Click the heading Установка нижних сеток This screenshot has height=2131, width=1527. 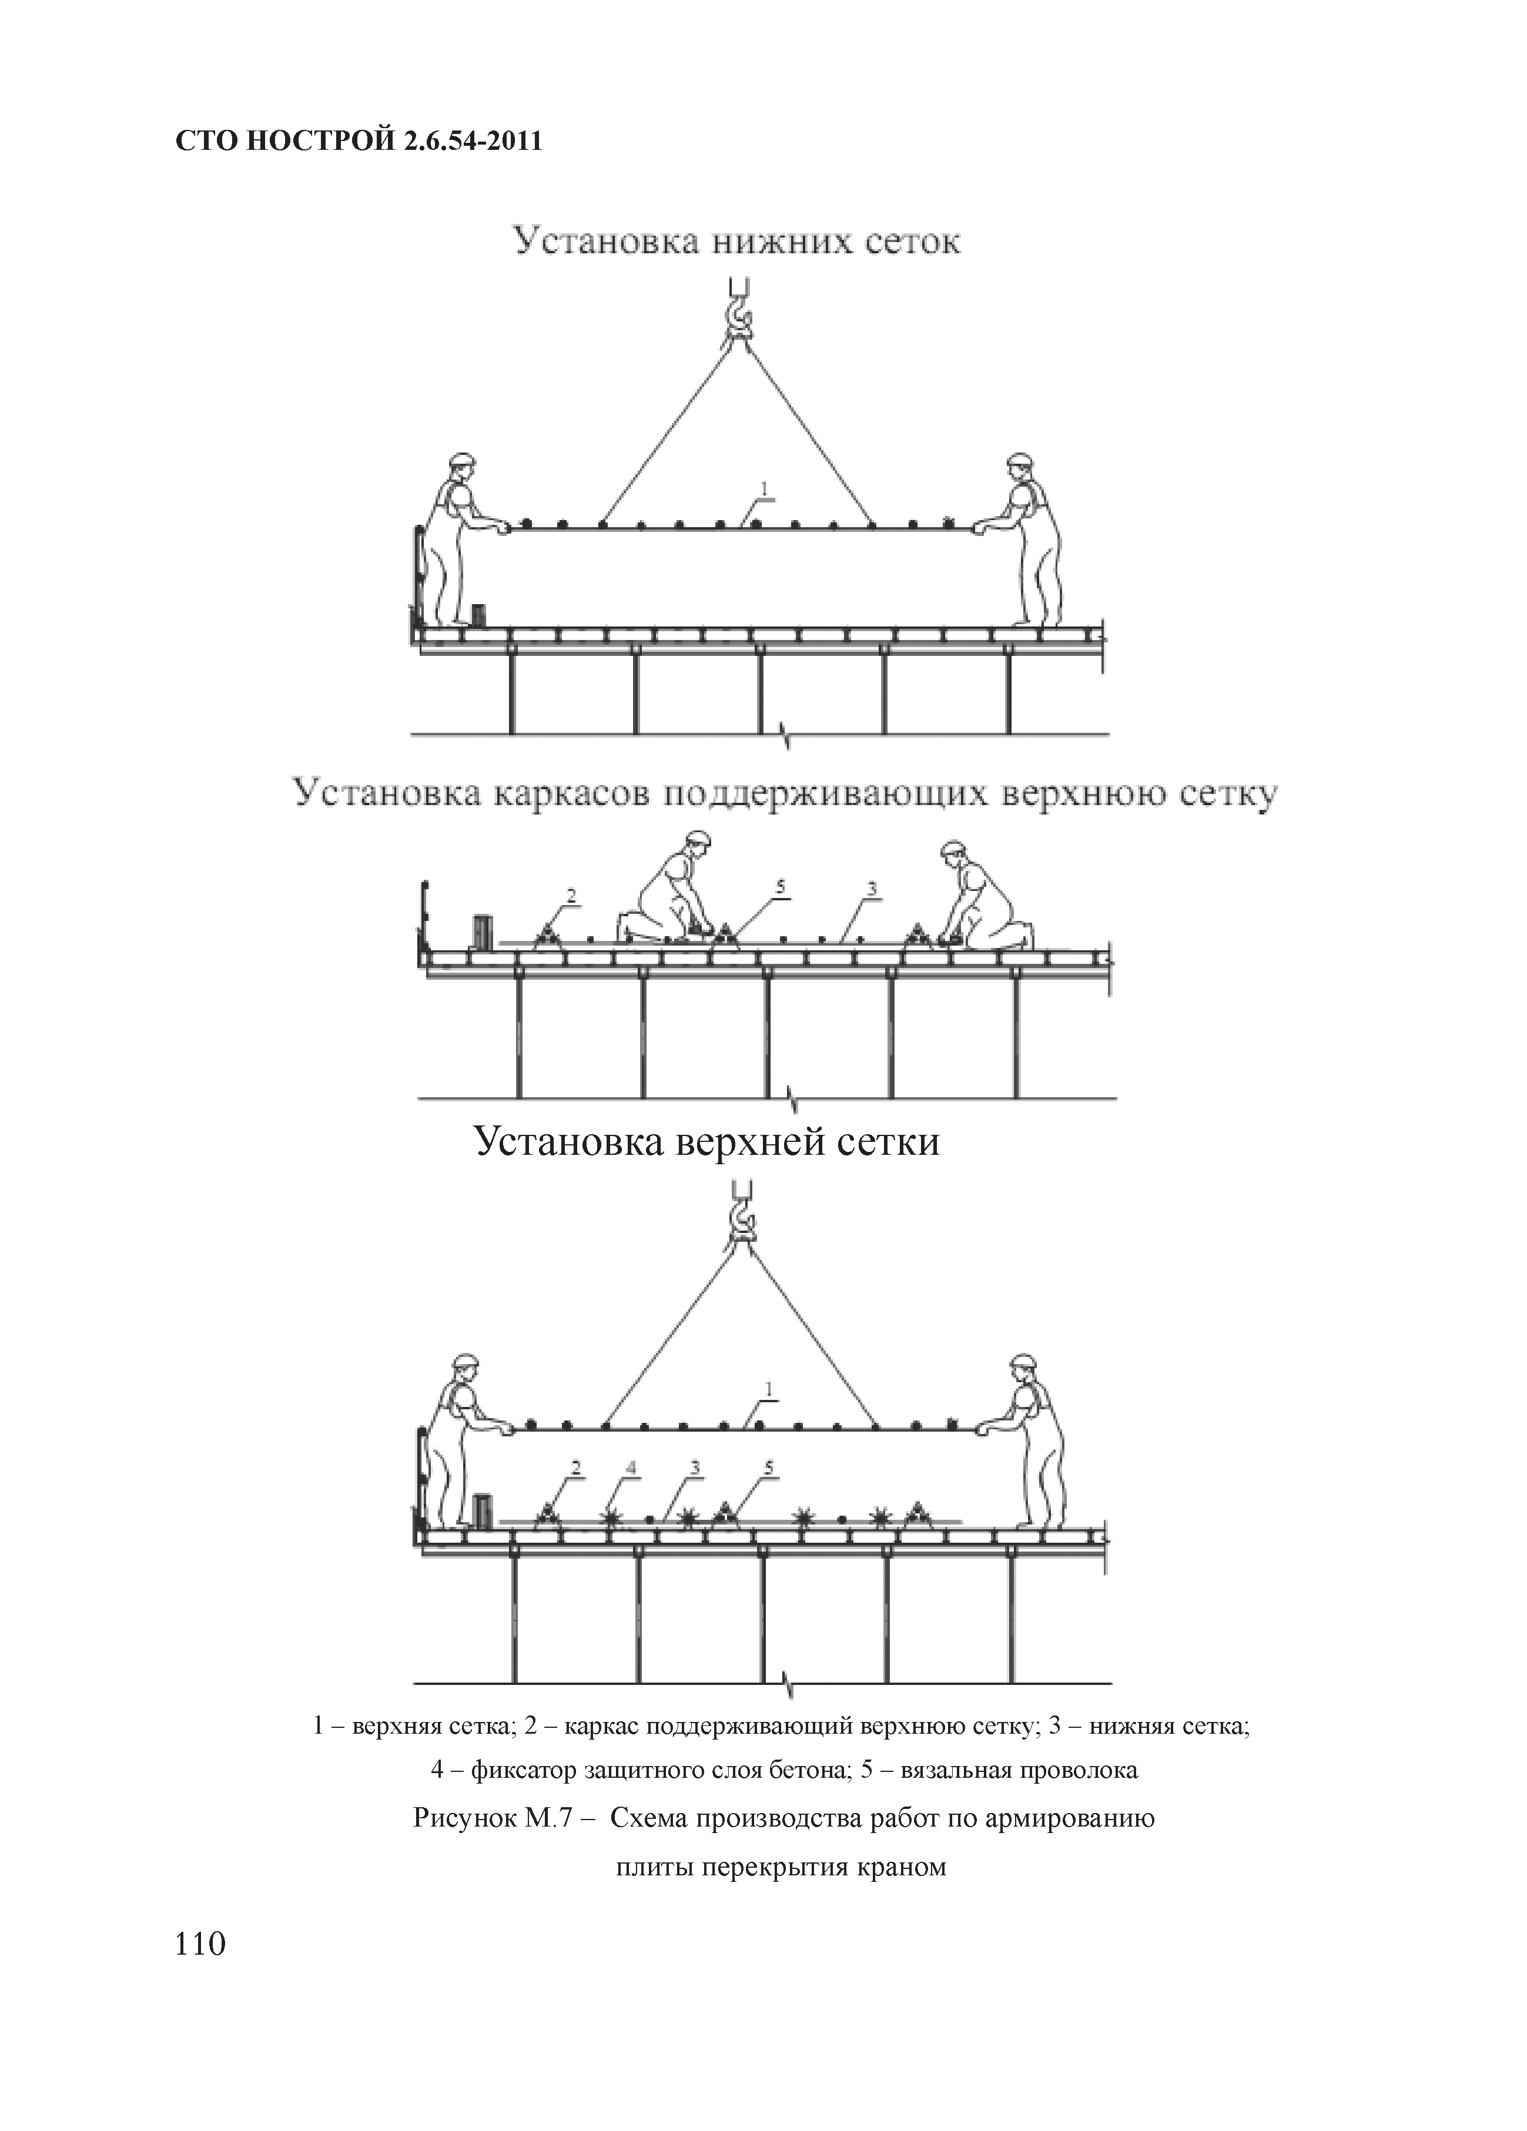pos(736,242)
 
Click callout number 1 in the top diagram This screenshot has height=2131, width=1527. pos(764,488)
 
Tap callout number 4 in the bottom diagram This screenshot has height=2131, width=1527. pos(631,1467)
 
